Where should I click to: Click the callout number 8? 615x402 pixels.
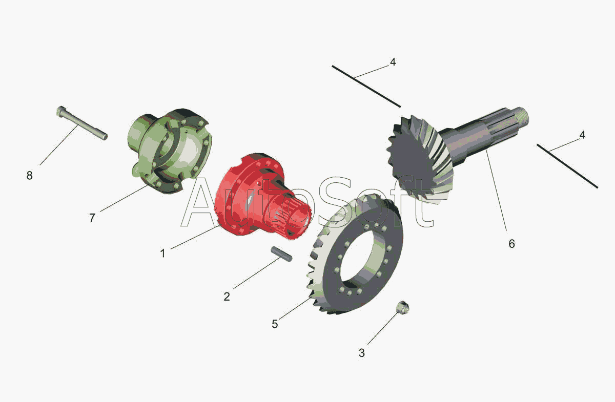pos(29,175)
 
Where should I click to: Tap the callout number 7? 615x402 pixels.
pos(92,218)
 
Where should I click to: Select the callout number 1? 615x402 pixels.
pos(163,253)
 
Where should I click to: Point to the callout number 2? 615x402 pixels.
pos(227,297)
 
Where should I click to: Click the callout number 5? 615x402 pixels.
pos(275,324)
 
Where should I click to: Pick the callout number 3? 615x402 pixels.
pos(362,353)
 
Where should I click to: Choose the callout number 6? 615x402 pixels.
pos(512,244)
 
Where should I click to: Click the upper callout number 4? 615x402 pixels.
pos(393,62)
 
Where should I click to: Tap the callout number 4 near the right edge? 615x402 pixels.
pos(582,135)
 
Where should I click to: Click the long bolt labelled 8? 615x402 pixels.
pos(82,123)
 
